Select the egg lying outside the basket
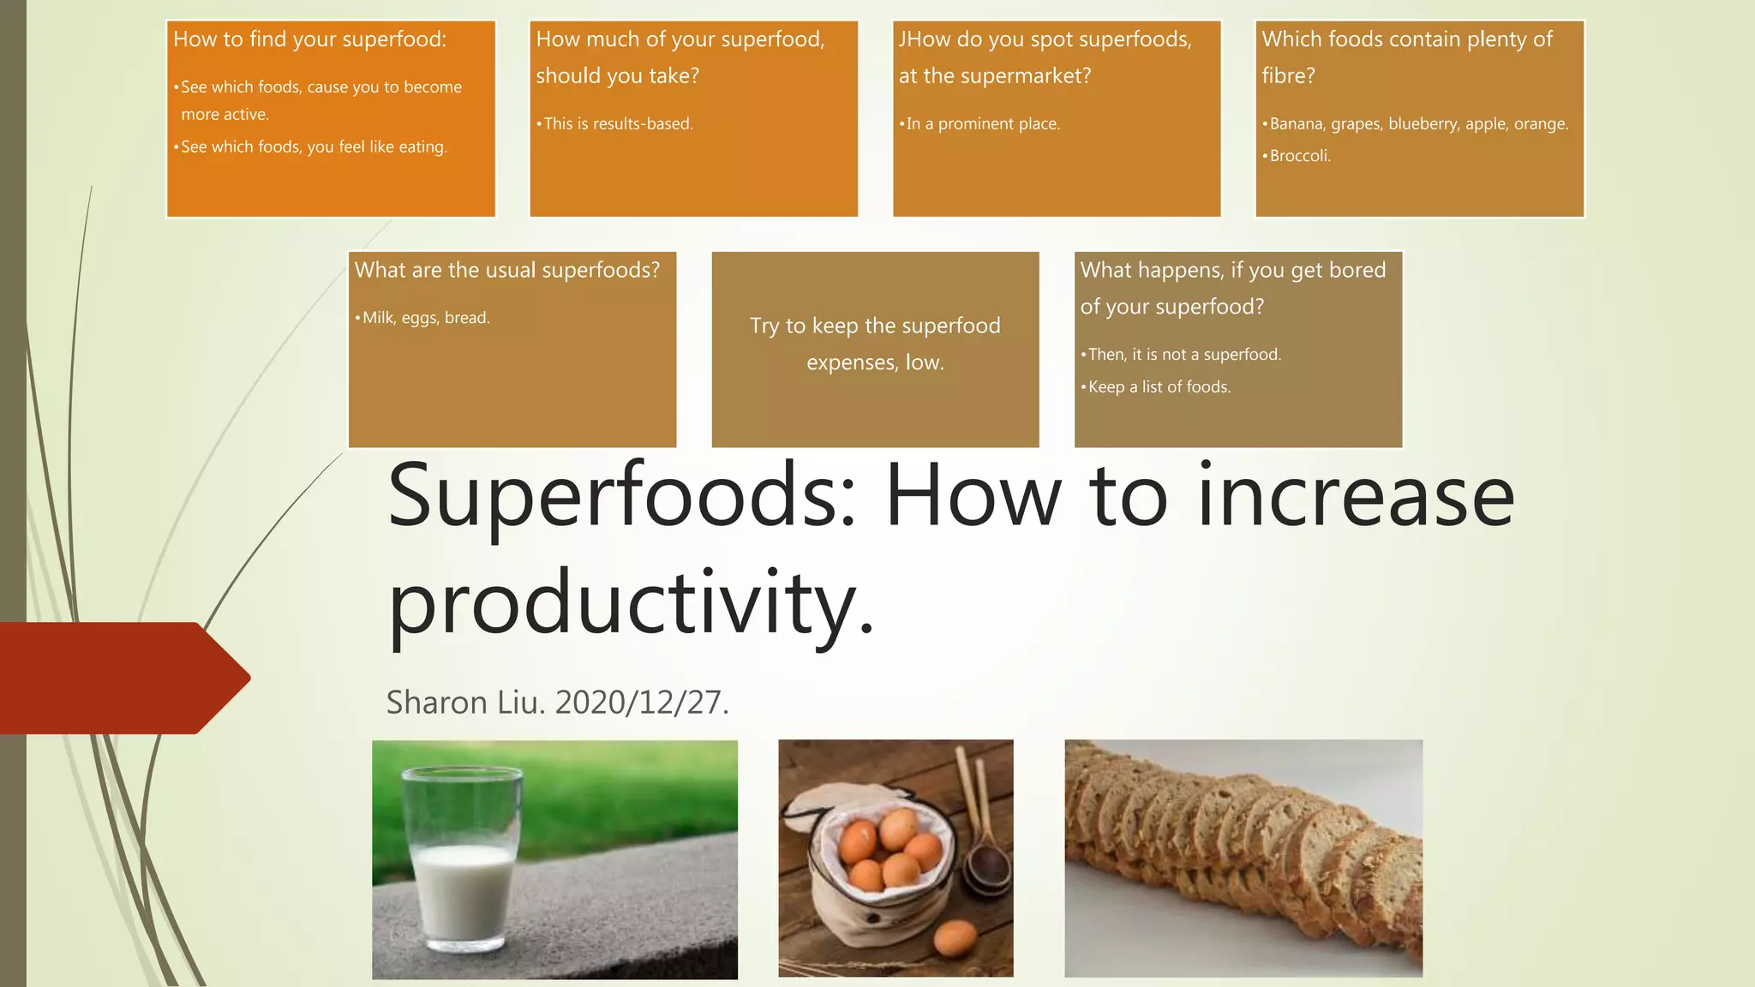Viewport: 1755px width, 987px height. (x=955, y=937)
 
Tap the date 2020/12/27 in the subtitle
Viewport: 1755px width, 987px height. (x=642, y=703)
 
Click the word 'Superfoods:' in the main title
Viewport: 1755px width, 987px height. (x=621, y=496)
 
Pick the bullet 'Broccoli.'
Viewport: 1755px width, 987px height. (x=1300, y=156)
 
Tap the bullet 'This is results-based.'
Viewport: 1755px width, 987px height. (x=618, y=124)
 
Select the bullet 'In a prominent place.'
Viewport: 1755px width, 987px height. (x=983, y=124)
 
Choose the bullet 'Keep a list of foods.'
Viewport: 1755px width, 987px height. (x=1159, y=387)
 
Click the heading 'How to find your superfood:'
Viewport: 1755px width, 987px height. (x=309, y=39)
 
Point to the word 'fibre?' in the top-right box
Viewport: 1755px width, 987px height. (x=1288, y=76)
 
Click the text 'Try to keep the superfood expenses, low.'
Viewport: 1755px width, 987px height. (x=875, y=344)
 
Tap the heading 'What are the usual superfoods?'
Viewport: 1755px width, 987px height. (x=507, y=271)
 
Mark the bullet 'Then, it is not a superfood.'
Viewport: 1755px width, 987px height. (x=1184, y=355)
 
